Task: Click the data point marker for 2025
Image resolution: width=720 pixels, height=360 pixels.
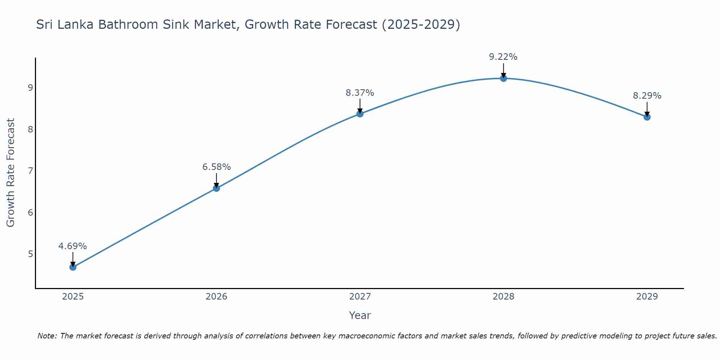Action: point(73,267)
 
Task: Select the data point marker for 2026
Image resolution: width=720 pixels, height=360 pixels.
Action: point(216,188)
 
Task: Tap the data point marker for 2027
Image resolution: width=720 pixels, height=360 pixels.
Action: point(360,114)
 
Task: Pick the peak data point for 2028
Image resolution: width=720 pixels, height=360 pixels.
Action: point(503,78)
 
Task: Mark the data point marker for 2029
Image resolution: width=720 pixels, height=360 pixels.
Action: point(647,117)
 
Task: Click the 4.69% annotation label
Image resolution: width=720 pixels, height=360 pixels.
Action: point(73,246)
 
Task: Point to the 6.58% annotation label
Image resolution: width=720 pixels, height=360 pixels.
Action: point(216,167)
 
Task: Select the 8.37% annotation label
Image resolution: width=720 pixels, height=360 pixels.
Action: point(360,93)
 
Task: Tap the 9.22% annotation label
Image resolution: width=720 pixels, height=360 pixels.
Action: point(503,57)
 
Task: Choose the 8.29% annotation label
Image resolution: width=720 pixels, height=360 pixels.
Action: point(647,96)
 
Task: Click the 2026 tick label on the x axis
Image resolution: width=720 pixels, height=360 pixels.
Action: point(216,297)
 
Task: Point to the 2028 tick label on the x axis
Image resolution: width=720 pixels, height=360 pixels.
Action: point(503,297)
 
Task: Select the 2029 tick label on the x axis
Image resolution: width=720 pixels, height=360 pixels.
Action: point(647,297)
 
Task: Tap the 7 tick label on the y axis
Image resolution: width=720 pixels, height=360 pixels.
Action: point(30,171)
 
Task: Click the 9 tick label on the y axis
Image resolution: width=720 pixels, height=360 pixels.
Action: point(30,87)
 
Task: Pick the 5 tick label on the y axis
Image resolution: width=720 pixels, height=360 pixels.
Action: point(30,254)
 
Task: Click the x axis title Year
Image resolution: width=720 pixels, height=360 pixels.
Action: point(360,315)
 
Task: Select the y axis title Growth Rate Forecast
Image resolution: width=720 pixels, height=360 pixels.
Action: point(11,173)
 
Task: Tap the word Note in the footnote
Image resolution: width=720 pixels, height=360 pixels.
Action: point(47,336)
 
